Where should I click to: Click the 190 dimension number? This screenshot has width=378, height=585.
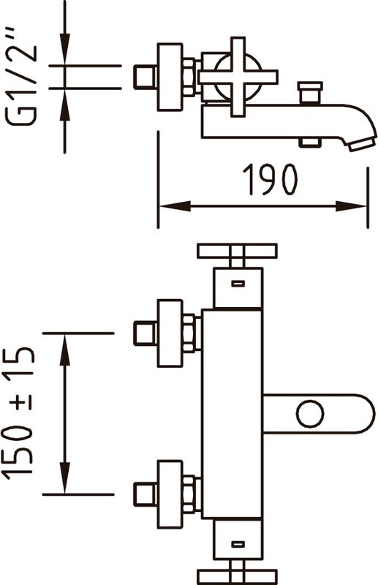(271, 179)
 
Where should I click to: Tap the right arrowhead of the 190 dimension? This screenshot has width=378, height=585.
(351, 206)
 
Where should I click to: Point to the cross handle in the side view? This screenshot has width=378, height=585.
(238, 77)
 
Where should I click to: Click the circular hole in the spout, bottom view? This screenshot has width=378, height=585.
(310, 414)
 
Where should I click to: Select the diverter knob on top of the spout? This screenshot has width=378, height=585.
(310, 92)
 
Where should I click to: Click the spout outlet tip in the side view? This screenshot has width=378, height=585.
(362, 144)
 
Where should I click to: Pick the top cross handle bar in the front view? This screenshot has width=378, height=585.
(238, 251)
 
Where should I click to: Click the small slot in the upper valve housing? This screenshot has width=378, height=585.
(238, 284)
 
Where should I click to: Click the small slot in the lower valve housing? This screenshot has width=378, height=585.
(238, 544)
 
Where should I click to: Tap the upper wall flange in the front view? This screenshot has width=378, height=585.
(170, 333)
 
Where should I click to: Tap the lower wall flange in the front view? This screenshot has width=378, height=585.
(170, 495)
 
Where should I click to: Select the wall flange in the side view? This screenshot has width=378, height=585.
(170, 78)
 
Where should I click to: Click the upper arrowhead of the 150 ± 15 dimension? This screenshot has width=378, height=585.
(65, 350)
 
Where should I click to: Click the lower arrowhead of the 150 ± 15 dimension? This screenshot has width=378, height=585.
(65, 478)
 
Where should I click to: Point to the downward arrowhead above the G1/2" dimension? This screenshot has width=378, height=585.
(65, 49)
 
